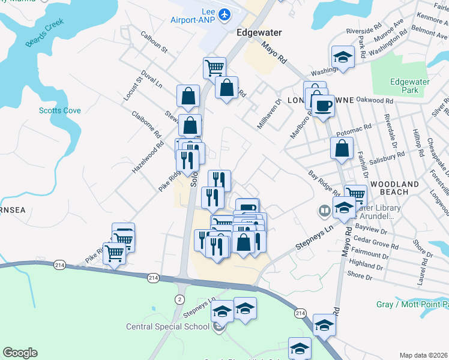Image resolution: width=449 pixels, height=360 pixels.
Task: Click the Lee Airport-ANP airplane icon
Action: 224,14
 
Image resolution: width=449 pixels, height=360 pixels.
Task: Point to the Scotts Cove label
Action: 59,110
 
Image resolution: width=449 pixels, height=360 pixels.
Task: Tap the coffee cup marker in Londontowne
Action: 324,105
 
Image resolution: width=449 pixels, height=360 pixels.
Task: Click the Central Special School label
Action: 167,327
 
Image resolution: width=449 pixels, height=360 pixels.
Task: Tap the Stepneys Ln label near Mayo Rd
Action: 313,238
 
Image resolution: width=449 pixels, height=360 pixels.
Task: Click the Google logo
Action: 20,353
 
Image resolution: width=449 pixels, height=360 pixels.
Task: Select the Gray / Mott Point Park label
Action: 412,305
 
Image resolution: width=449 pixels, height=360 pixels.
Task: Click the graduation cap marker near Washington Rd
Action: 343,56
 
